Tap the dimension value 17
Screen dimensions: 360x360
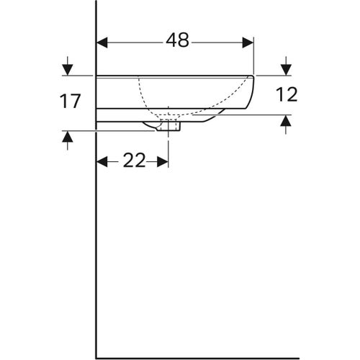click(70, 102)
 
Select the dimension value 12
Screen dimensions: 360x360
click(286, 94)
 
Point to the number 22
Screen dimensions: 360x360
click(133, 161)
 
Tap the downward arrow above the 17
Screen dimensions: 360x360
click(68, 69)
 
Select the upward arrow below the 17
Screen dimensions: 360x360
click(68, 137)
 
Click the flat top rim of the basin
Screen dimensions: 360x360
click(173, 76)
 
